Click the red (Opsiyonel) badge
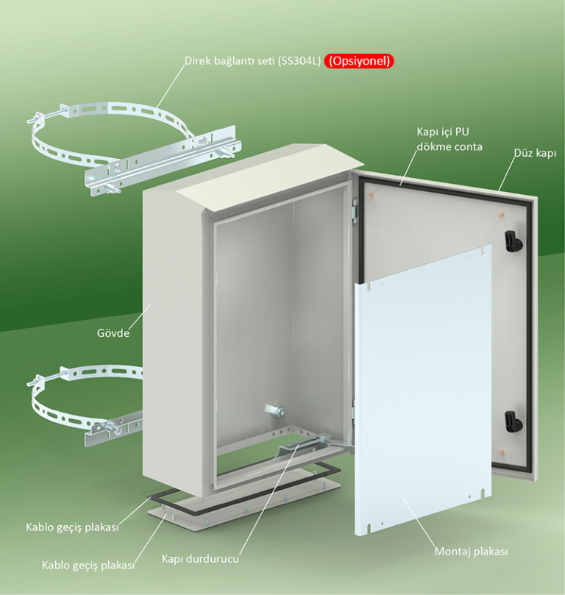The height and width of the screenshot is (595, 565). point(359,61)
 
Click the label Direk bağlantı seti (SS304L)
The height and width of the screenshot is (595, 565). point(253,61)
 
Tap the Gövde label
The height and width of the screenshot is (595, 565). point(113,333)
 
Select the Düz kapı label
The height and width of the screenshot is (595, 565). point(535,153)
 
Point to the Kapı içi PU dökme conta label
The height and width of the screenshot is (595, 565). point(449,139)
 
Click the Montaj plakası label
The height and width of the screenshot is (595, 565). point(471,552)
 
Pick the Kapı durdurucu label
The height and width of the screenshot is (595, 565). point(200,558)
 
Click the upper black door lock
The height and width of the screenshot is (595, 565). point(514,241)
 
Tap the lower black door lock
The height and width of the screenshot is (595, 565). point(514,421)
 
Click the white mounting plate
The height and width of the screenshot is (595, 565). point(423,389)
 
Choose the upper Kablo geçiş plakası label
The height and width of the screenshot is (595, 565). point(72,527)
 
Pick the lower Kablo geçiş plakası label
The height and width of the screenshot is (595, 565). point(88,566)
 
